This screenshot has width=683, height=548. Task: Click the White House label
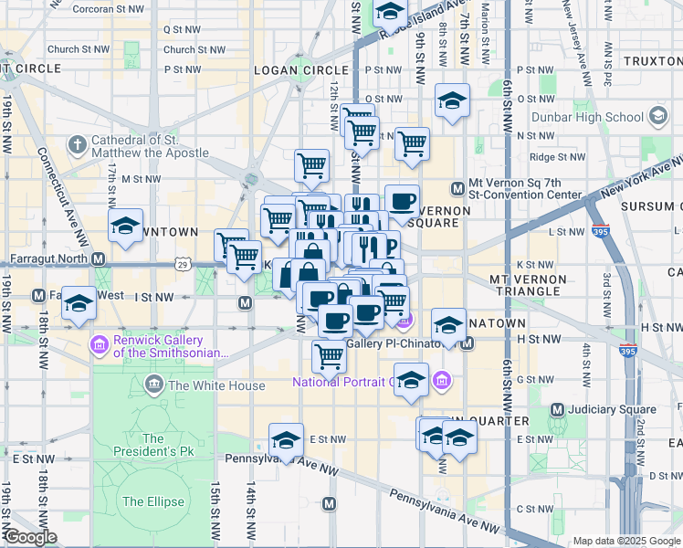(216, 385)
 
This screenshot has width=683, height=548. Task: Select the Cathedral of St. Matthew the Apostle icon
(77, 145)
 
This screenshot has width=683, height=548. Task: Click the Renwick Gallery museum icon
(98, 345)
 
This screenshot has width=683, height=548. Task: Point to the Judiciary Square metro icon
(557, 410)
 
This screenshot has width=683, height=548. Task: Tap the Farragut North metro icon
(99, 258)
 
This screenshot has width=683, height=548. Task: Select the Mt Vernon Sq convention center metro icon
(458, 189)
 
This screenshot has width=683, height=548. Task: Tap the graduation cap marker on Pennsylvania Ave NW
(286, 440)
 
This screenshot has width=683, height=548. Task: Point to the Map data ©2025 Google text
(626, 541)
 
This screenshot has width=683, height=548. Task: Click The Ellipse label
(152, 501)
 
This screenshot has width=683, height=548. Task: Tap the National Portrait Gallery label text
(342, 382)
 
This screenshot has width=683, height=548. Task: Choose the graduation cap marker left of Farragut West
(79, 302)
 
